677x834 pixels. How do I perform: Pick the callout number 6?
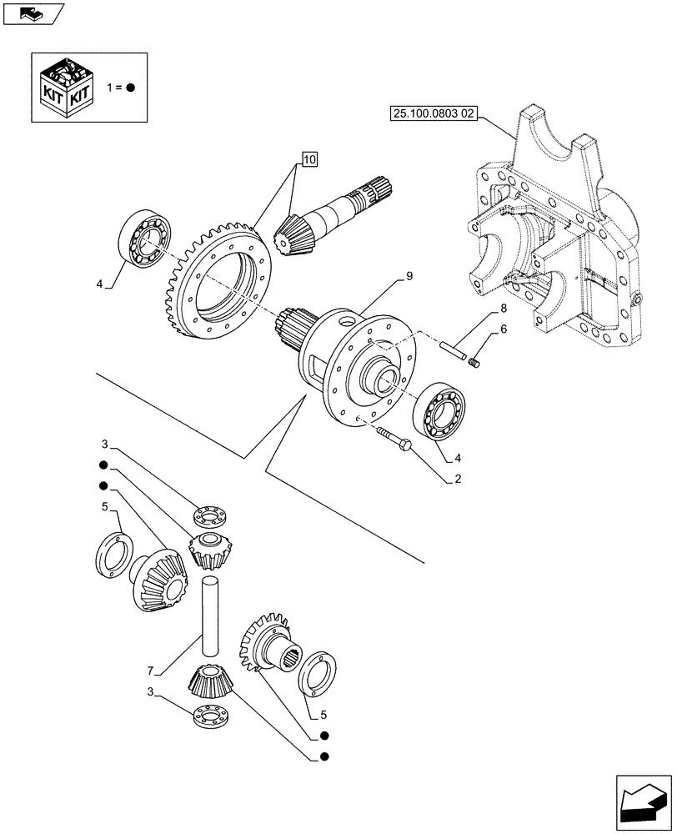503,329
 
